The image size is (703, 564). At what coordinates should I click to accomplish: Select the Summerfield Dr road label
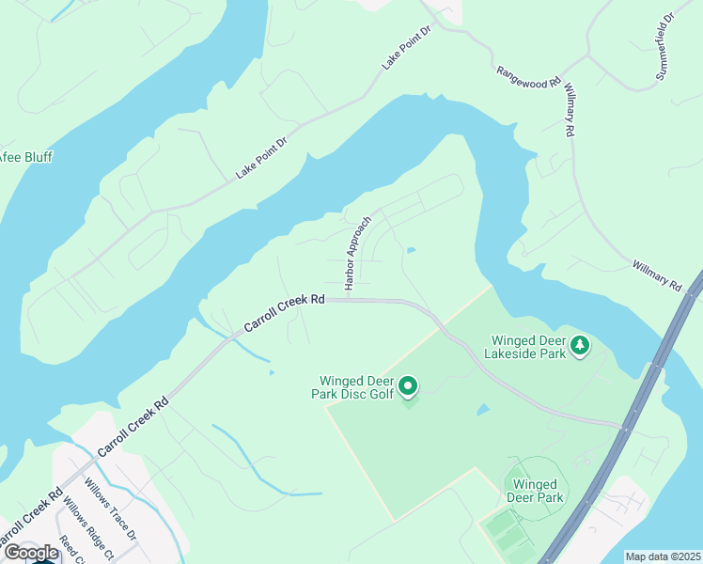click(666, 46)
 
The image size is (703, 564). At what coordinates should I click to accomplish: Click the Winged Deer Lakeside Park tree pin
click(581, 345)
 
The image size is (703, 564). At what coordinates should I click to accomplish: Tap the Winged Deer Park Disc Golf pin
click(408, 385)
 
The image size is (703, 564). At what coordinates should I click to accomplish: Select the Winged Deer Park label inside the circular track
click(536, 491)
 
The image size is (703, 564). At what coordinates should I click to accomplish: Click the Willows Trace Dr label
click(111, 509)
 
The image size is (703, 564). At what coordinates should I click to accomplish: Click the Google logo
click(31, 553)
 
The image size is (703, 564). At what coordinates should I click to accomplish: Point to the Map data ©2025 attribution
click(663, 556)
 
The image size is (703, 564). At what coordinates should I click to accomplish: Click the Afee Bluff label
click(26, 157)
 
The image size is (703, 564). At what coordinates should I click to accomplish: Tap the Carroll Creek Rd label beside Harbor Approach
click(285, 314)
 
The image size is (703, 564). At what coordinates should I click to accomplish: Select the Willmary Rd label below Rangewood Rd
click(568, 109)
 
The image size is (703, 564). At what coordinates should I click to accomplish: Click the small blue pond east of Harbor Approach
click(411, 249)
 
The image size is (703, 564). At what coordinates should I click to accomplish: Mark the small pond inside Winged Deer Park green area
click(482, 410)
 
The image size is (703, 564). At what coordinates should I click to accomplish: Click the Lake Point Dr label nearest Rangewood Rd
click(405, 47)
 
